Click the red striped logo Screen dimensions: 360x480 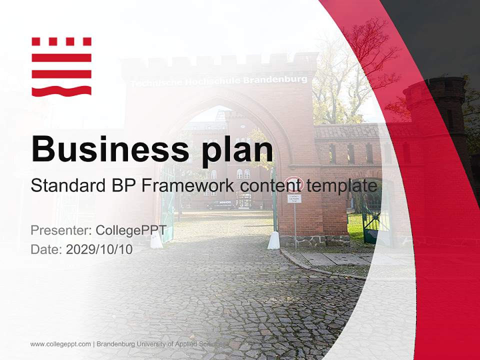coord(61,66)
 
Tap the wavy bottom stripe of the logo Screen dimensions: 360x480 coord(61,90)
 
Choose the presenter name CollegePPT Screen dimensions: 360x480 coord(134,230)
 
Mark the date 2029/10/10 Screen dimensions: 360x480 coord(99,249)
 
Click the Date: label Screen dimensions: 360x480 coord(46,249)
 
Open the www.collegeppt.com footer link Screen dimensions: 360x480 coord(60,344)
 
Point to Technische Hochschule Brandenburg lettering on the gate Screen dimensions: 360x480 coord(219,80)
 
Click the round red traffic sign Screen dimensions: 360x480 coord(293,184)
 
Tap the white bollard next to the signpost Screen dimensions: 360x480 coord(273,240)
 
